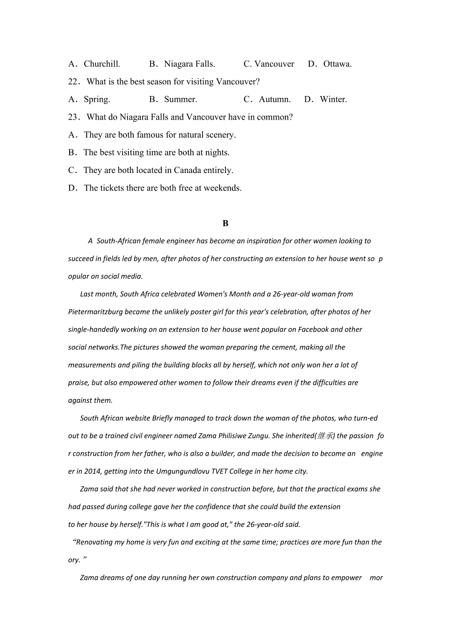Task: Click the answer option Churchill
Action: (x=101, y=64)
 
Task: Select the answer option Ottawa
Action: (x=337, y=64)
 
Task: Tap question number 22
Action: (x=74, y=82)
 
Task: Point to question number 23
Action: (x=74, y=117)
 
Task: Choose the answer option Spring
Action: (x=97, y=99)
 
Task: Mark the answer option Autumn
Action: (x=275, y=99)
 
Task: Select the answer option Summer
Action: (x=180, y=99)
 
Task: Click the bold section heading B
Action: (x=225, y=223)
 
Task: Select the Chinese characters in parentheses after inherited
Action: (x=326, y=436)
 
